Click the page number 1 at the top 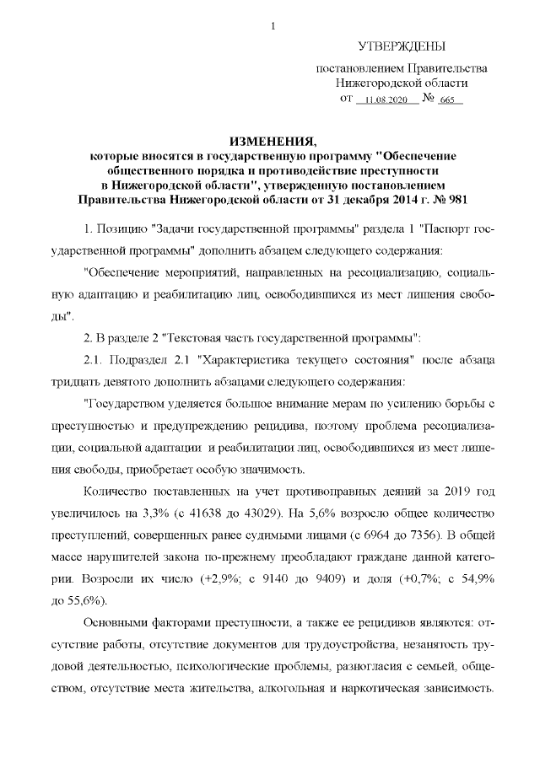271,26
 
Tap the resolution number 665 448,100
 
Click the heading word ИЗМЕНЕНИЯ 271,142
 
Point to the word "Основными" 121,624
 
